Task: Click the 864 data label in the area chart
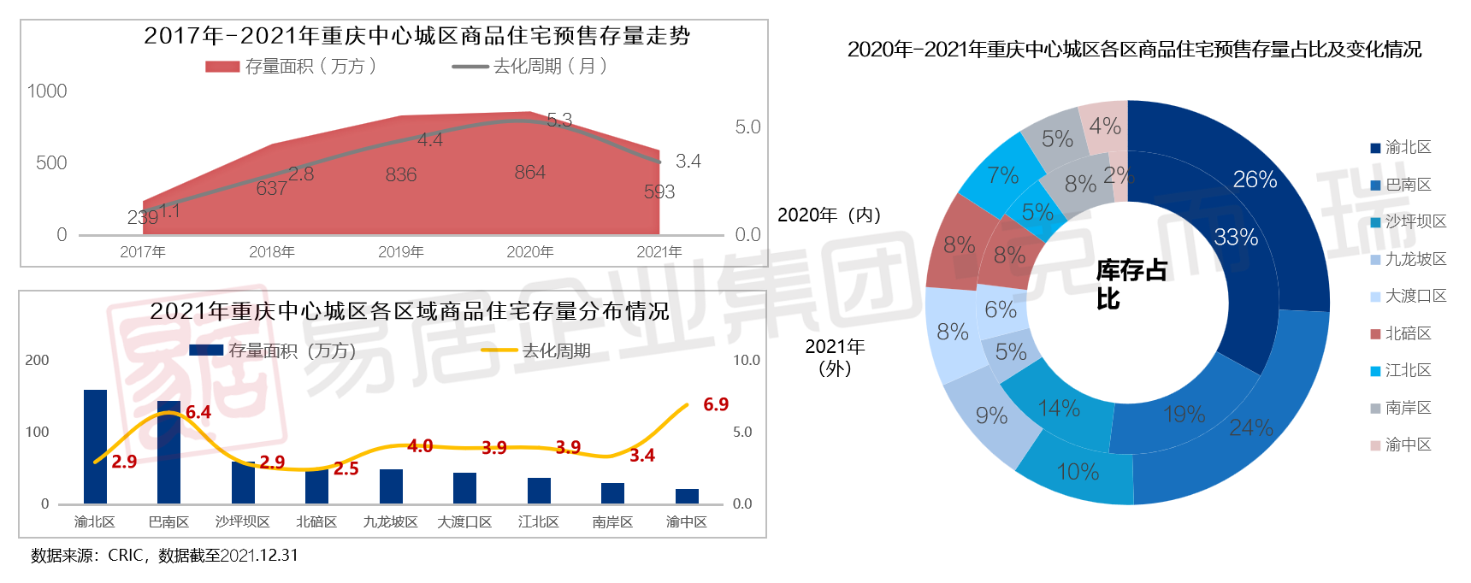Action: (x=530, y=173)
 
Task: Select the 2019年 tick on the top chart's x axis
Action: (x=400, y=252)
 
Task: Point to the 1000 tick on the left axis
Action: (x=47, y=91)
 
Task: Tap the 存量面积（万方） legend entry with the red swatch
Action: (x=291, y=67)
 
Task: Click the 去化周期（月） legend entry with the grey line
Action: (x=530, y=67)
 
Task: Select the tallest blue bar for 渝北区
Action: (x=95, y=446)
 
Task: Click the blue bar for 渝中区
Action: (x=687, y=496)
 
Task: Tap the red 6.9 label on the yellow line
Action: (x=716, y=404)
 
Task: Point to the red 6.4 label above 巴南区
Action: (x=198, y=412)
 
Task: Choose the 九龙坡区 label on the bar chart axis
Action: (x=390, y=522)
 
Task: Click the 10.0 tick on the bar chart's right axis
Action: (x=747, y=361)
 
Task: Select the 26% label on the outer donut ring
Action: (x=1255, y=180)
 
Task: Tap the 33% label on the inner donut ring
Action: (x=1236, y=238)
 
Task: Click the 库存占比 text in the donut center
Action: (x=1131, y=285)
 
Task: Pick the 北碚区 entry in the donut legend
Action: (x=1408, y=333)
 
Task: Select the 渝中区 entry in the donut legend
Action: (x=1408, y=445)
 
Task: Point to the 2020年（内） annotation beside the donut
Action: (x=829, y=215)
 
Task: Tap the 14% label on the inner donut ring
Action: (x=1059, y=409)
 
